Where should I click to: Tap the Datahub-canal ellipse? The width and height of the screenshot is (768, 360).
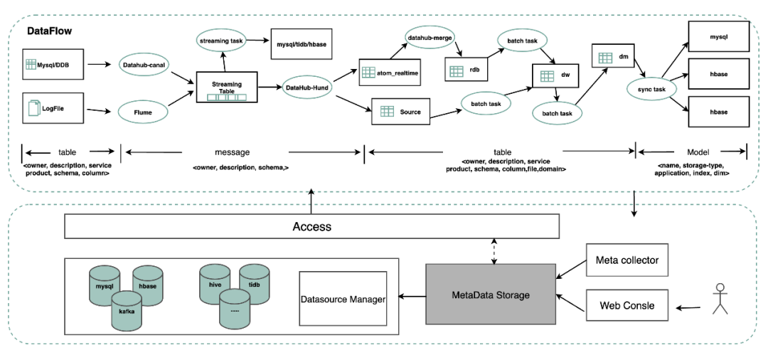(144, 65)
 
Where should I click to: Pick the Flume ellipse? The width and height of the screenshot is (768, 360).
(144, 111)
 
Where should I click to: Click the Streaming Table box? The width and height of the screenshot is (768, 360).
(226, 88)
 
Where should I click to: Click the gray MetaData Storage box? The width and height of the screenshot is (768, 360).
(491, 294)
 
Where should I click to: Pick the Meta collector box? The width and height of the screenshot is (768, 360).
(626, 260)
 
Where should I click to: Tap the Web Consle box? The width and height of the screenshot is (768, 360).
(626, 307)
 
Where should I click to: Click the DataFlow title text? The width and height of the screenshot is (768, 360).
(50, 32)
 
